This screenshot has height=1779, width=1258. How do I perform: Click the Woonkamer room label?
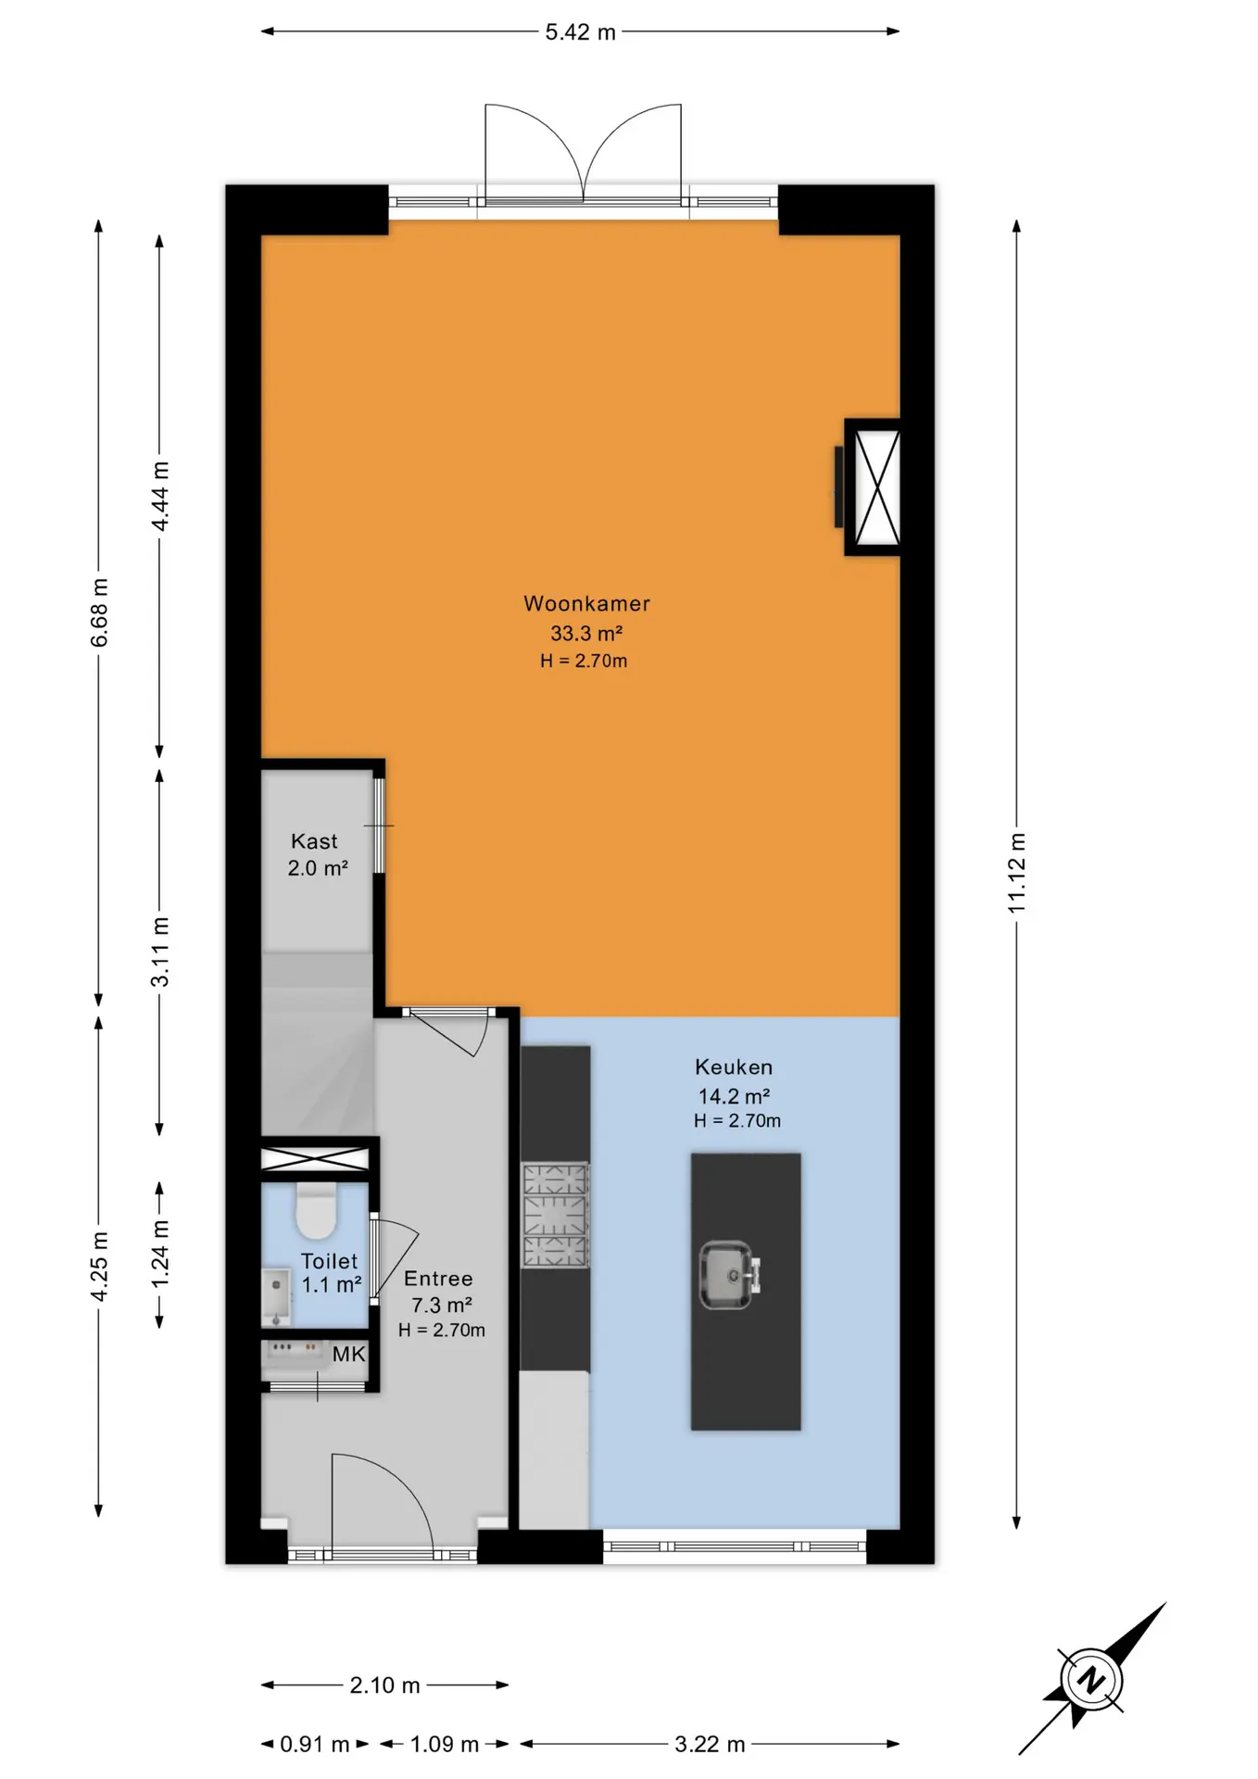[x=586, y=603]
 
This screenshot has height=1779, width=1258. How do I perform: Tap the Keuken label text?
[x=734, y=1066]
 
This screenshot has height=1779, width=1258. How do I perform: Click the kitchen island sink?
[x=729, y=1275]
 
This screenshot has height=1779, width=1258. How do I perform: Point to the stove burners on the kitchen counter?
[x=556, y=1216]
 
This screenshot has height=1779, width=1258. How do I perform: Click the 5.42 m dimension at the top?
[x=580, y=32]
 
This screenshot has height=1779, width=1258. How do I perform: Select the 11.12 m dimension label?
[x=1017, y=873]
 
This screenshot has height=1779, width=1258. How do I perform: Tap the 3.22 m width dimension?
[x=710, y=1745]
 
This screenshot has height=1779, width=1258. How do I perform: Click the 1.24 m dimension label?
[x=160, y=1254]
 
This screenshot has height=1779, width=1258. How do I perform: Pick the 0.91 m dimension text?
[x=315, y=1745]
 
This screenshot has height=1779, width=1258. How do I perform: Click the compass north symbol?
[x=1093, y=1679]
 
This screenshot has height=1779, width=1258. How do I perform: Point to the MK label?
[x=348, y=1355]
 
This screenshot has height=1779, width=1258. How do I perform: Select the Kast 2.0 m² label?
[x=317, y=854]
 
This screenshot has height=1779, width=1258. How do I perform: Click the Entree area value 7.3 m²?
[x=442, y=1305]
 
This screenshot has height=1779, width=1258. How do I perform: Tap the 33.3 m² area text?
[x=586, y=634]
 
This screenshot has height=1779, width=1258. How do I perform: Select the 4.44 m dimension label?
[x=160, y=496]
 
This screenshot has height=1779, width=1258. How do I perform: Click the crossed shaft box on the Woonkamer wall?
[x=876, y=487]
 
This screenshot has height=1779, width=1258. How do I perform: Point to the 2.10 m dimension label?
[x=384, y=1685]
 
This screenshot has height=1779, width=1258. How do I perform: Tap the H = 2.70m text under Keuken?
[x=737, y=1120]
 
